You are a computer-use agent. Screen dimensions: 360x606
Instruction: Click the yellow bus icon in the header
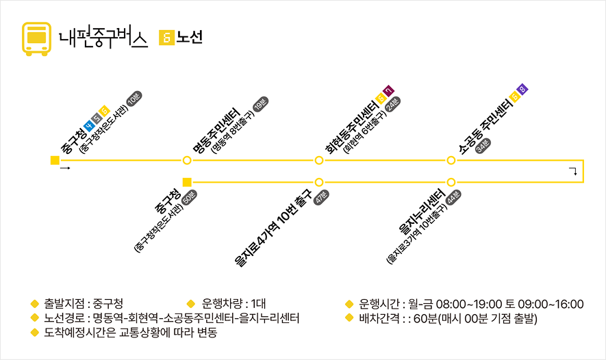click(36, 38)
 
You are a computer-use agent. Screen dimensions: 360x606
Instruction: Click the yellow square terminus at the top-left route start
click(55, 161)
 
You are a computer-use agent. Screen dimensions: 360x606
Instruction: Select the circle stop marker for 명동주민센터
click(187, 161)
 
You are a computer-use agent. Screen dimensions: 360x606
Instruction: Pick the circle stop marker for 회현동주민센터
click(319, 161)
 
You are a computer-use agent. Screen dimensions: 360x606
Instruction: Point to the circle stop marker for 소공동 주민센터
click(451, 161)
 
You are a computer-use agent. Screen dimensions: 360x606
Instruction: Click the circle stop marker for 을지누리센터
click(451, 182)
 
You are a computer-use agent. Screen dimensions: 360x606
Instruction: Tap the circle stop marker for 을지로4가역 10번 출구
click(319, 182)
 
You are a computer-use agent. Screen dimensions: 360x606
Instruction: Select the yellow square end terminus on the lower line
click(187, 182)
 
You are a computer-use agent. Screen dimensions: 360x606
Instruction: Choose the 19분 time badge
click(261, 104)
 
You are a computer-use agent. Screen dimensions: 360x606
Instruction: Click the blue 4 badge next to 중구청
click(88, 126)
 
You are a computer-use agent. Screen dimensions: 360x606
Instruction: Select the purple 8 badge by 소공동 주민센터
click(522, 89)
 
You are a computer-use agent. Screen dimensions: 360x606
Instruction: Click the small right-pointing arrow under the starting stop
click(65, 168)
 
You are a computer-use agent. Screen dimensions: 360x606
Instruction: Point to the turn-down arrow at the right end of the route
click(572, 171)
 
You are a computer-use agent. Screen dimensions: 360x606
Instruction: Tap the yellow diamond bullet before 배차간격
click(349, 318)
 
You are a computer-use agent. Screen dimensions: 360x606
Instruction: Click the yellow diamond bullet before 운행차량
click(192, 304)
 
